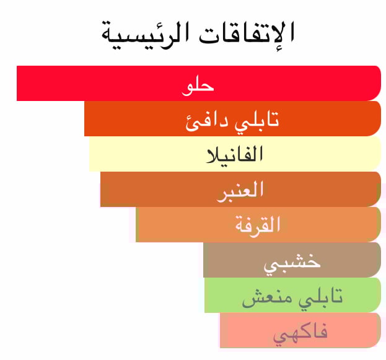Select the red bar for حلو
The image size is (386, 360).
[199, 83]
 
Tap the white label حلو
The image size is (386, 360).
[198, 87]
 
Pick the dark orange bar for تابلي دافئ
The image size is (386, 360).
[232, 118]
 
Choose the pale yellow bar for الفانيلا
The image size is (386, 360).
[235, 154]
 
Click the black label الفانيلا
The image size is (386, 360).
[235, 154]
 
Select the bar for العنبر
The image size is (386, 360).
[241, 189]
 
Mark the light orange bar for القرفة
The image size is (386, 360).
[258, 224]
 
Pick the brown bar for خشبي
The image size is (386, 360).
[292, 260]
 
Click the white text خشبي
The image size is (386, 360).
[292, 263]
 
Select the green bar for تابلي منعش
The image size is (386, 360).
[292, 295]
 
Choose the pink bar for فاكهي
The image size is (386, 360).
[300, 330]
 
